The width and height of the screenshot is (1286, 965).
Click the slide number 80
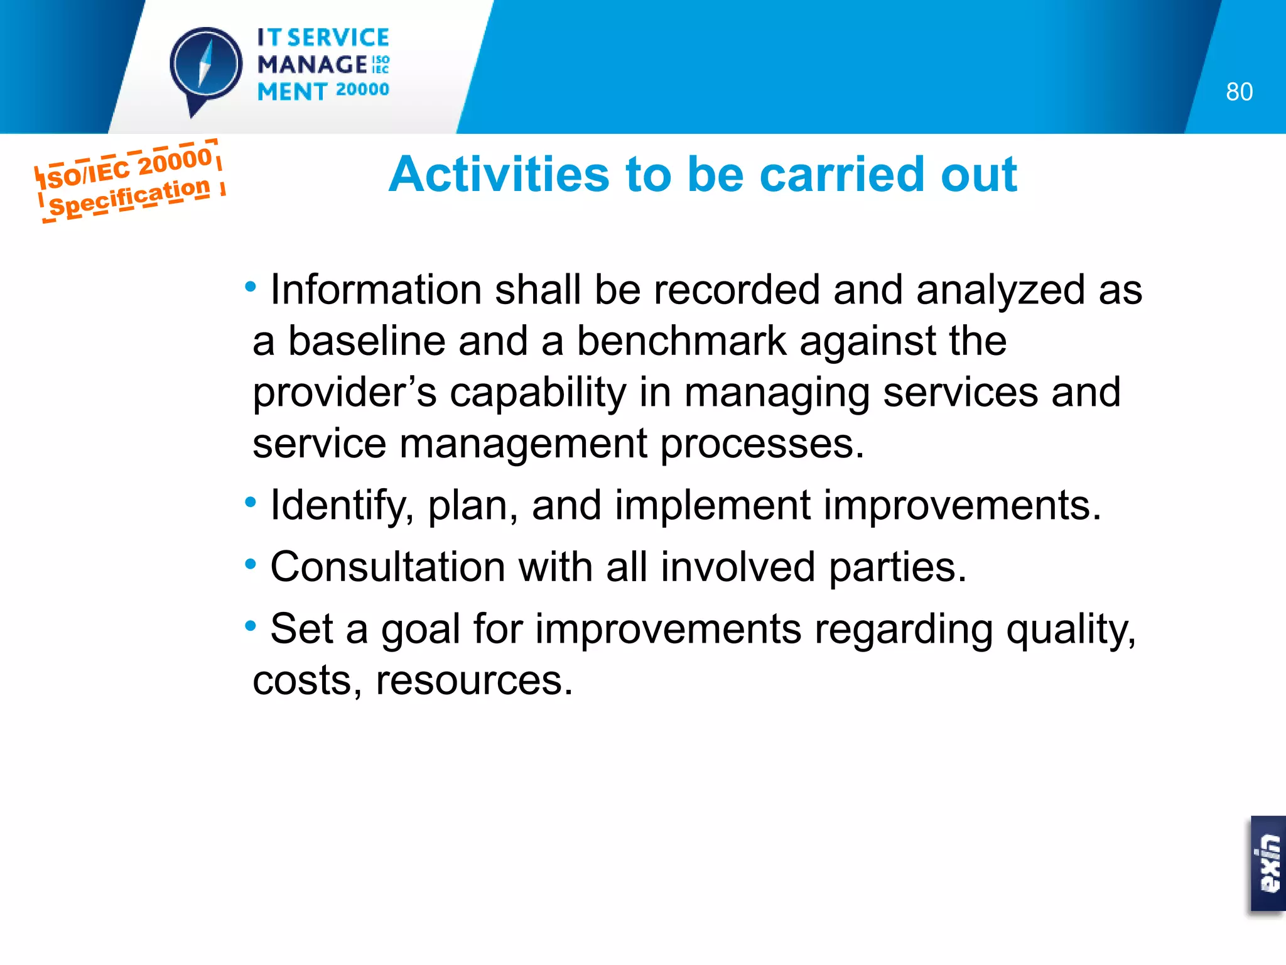[1239, 92]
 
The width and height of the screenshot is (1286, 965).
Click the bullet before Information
[251, 287]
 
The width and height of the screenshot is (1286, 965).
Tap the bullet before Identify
[251, 503]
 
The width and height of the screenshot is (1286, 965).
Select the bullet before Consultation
[251, 564]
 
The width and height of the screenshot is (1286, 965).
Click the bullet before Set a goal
[251, 626]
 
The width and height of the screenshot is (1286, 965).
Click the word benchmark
[681, 341]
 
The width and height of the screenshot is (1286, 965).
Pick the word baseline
[366, 341]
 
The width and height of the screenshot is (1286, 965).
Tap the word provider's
[344, 393]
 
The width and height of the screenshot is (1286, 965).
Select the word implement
[712, 505]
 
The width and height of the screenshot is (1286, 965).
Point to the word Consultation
[387, 567]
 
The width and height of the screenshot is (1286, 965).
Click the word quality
[1071, 630]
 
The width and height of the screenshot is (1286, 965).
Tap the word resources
[474, 680]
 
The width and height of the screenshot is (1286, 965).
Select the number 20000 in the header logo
[362, 90]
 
